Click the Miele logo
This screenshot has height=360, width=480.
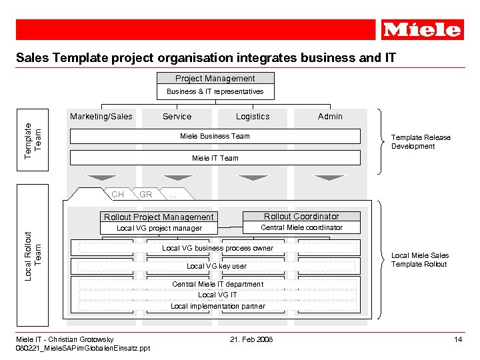point(422,30)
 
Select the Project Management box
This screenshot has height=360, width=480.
point(215,79)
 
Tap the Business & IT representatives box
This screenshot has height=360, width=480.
point(215,91)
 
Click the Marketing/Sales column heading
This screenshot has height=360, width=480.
point(101,117)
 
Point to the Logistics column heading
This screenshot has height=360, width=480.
point(253,117)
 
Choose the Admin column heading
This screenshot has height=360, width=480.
point(330,117)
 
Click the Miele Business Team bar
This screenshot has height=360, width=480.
point(215,136)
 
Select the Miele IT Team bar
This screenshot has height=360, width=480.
point(215,158)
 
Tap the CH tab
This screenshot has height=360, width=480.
point(117,195)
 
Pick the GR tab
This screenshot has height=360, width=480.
point(146,195)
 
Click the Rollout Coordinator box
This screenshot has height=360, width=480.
point(301,217)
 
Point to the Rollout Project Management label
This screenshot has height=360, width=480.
point(159,217)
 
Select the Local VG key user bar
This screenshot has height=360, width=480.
point(217,266)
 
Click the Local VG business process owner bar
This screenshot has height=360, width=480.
point(217,248)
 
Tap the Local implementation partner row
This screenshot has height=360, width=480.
point(217,306)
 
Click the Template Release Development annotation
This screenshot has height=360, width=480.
point(421,142)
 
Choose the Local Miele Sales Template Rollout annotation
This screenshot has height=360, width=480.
point(419,260)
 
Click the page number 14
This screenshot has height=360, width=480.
point(458,339)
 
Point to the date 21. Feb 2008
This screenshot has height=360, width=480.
point(251,339)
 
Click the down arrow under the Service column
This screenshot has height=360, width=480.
point(177,178)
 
